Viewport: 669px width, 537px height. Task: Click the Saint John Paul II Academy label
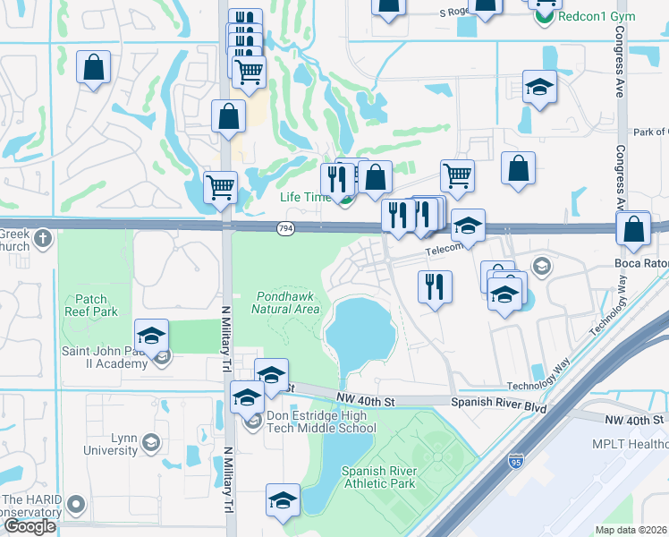coord(104,357)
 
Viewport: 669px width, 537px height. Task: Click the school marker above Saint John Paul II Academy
coord(152,337)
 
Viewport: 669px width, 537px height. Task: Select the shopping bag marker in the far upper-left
coord(93,68)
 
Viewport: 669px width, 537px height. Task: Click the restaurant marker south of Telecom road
coord(435,287)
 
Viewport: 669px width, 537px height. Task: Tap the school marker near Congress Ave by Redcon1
coord(539,87)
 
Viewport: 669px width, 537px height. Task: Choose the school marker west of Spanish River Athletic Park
coord(283,499)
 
